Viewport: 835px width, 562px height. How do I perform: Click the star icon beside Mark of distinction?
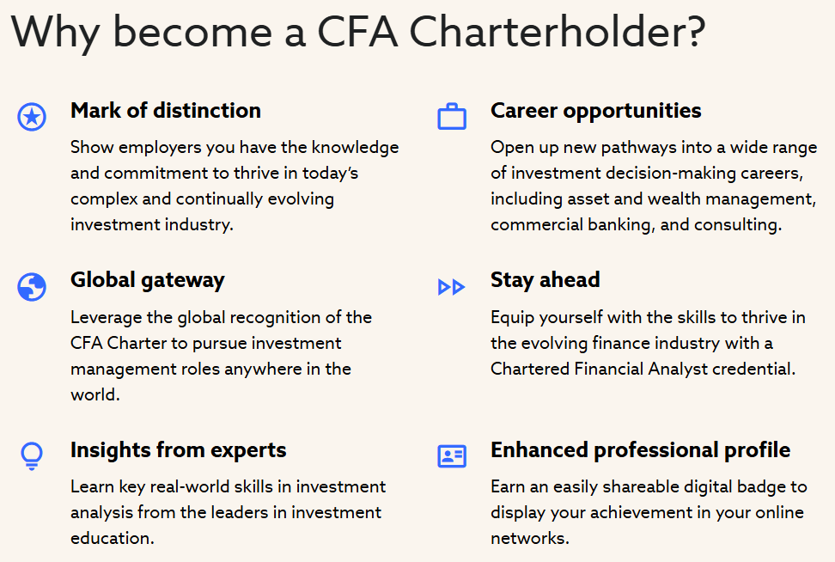[32, 117]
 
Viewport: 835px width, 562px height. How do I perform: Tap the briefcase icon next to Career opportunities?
[452, 117]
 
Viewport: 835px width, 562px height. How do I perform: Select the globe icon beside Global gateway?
[32, 287]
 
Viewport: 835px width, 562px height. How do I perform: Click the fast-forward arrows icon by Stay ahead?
[451, 287]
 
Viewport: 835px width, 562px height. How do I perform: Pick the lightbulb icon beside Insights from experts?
[32, 455]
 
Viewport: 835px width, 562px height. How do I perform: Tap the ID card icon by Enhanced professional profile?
[452, 455]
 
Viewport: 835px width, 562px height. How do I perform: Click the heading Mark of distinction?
[166, 111]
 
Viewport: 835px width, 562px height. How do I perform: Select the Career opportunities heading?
[595, 111]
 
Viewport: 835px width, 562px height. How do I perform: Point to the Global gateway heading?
[147, 280]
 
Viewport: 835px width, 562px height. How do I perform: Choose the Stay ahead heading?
[545, 280]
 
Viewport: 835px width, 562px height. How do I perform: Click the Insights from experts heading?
[178, 450]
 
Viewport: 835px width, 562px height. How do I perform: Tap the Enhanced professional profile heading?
[640, 450]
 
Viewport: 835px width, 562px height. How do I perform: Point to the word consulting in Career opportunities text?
[738, 225]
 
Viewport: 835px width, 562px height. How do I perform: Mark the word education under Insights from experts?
[110, 539]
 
